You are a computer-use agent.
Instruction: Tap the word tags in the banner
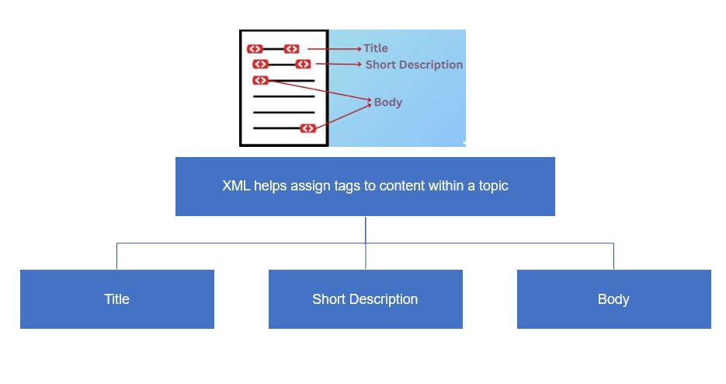(x=347, y=187)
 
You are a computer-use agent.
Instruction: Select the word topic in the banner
(x=494, y=187)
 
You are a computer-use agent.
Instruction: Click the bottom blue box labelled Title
(x=117, y=299)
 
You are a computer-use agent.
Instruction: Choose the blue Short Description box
(x=365, y=299)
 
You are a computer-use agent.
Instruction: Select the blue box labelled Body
(x=614, y=299)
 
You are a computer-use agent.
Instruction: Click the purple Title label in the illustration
(x=376, y=48)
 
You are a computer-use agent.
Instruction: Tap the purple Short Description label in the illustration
(x=414, y=65)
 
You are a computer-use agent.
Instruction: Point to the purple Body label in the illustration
(x=388, y=102)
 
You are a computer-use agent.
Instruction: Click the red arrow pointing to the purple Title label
(x=335, y=49)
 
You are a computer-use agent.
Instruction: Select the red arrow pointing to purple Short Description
(x=339, y=64)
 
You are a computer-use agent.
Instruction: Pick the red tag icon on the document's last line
(x=308, y=128)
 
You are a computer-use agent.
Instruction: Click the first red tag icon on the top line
(x=255, y=49)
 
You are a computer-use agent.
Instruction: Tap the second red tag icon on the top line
(x=292, y=49)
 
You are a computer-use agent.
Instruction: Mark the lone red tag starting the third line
(x=261, y=80)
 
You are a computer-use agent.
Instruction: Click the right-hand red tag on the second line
(x=304, y=64)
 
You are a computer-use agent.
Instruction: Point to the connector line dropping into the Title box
(x=116, y=256)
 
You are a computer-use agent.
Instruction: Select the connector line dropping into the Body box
(x=614, y=256)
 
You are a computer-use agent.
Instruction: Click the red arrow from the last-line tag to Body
(x=343, y=116)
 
